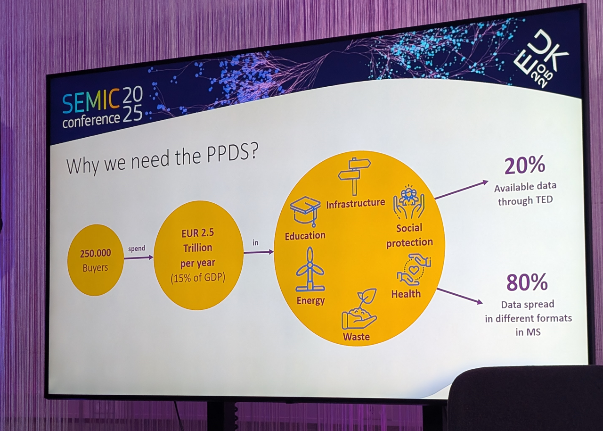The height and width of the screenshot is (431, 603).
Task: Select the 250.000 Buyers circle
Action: [x=96, y=260]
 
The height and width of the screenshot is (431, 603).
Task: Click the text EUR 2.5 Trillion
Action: [x=198, y=241]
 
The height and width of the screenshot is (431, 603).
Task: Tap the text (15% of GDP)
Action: [x=198, y=278]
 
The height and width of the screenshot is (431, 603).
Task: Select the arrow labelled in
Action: [x=258, y=252]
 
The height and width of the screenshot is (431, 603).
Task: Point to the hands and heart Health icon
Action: [x=414, y=270]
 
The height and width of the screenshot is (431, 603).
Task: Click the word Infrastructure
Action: [x=356, y=203]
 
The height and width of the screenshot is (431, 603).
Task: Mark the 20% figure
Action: [x=524, y=166]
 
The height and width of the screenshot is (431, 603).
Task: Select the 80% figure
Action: [x=527, y=282]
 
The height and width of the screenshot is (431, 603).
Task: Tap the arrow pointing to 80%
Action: [x=460, y=296]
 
